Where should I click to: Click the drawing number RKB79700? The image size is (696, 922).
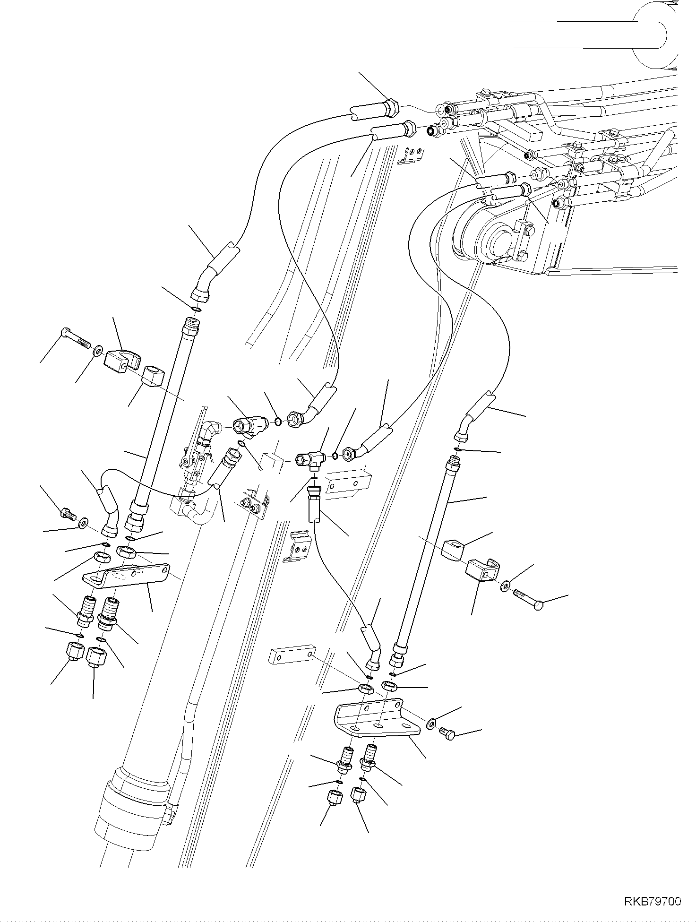tap(653, 902)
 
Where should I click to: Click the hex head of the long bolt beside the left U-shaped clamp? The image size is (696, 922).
tap(65, 333)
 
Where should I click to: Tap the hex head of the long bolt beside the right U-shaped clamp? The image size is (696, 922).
tap(538, 606)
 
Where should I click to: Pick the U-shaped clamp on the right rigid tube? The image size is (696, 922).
tap(481, 570)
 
